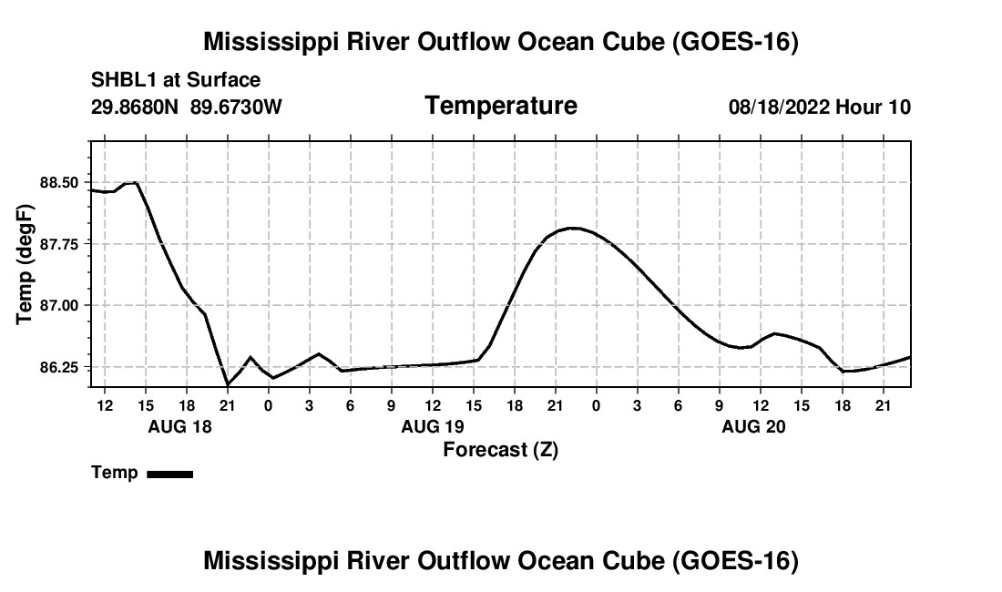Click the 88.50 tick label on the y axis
tap(59, 183)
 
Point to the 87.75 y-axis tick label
tap(59, 244)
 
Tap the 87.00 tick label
tap(59, 305)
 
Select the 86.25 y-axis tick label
tap(59, 367)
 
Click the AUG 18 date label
tap(179, 426)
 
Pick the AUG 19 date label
tap(433, 426)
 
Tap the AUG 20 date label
tap(753, 426)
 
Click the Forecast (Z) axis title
tap(501, 450)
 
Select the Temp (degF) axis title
tap(25, 264)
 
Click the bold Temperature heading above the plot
tap(501, 106)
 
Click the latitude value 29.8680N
tap(135, 107)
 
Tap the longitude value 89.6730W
tap(236, 107)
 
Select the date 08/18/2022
tap(779, 107)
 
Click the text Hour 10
tap(873, 107)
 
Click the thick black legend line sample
tap(170, 474)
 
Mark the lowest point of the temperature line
tap(228, 384)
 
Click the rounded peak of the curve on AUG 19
tap(573, 228)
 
